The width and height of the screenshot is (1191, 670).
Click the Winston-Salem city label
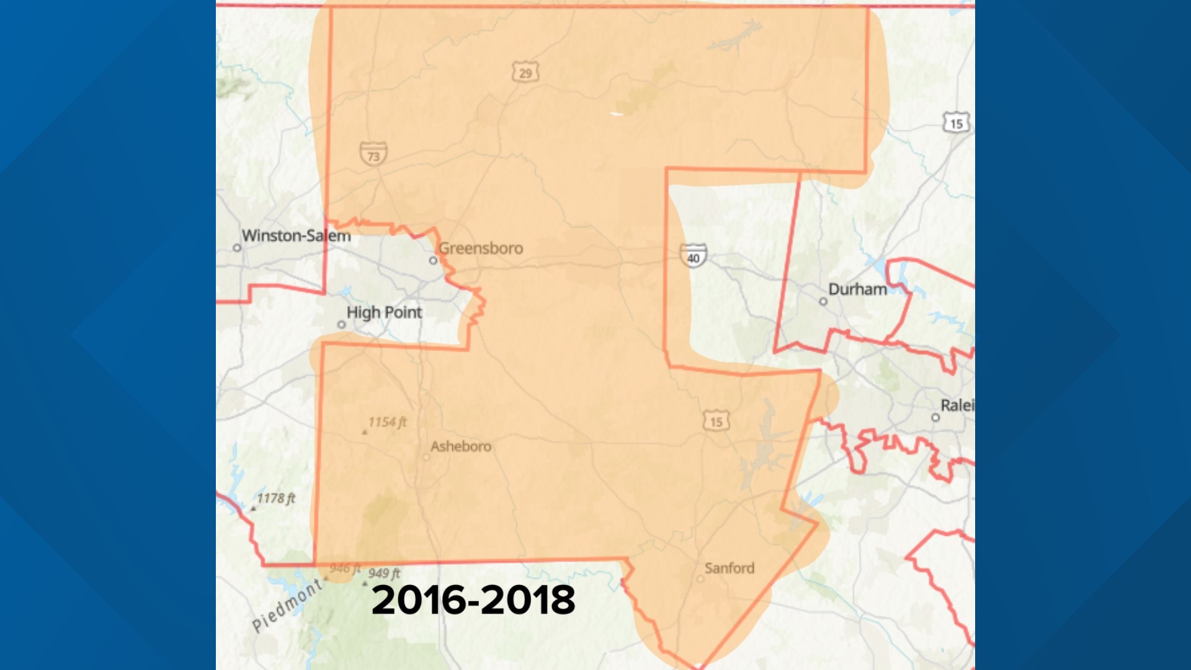click(x=296, y=236)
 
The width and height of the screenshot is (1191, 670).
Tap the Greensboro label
click(x=481, y=248)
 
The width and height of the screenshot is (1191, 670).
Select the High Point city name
click(x=384, y=312)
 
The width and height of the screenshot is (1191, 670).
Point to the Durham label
click(x=857, y=289)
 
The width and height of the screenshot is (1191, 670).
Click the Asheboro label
click(x=460, y=446)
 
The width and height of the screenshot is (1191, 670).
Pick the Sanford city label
click(x=729, y=568)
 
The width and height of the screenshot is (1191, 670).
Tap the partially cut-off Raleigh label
click(x=957, y=405)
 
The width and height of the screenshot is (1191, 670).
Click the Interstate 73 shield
click(x=373, y=154)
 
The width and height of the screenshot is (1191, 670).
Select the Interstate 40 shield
click(x=693, y=256)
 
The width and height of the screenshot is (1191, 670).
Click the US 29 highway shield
click(x=525, y=73)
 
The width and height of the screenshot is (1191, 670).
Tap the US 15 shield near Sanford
click(x=716, y=421)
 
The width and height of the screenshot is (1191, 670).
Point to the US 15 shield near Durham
click(x=956, y=123)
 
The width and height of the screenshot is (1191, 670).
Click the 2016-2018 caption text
click(x=473, y=600)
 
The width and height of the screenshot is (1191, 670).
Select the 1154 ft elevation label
click(x=387, y=422)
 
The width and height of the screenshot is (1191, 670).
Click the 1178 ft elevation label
click(x=276, y=498)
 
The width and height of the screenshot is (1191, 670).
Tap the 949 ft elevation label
click(x=384, y=573)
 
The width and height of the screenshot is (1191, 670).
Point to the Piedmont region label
click(x=287, y=605)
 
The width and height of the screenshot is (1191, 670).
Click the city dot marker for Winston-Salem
click(x=237, y=248)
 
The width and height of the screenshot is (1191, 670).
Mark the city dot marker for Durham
click(x=823, y=301)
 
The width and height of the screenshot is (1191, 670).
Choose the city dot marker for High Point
click(x=341, y=324)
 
